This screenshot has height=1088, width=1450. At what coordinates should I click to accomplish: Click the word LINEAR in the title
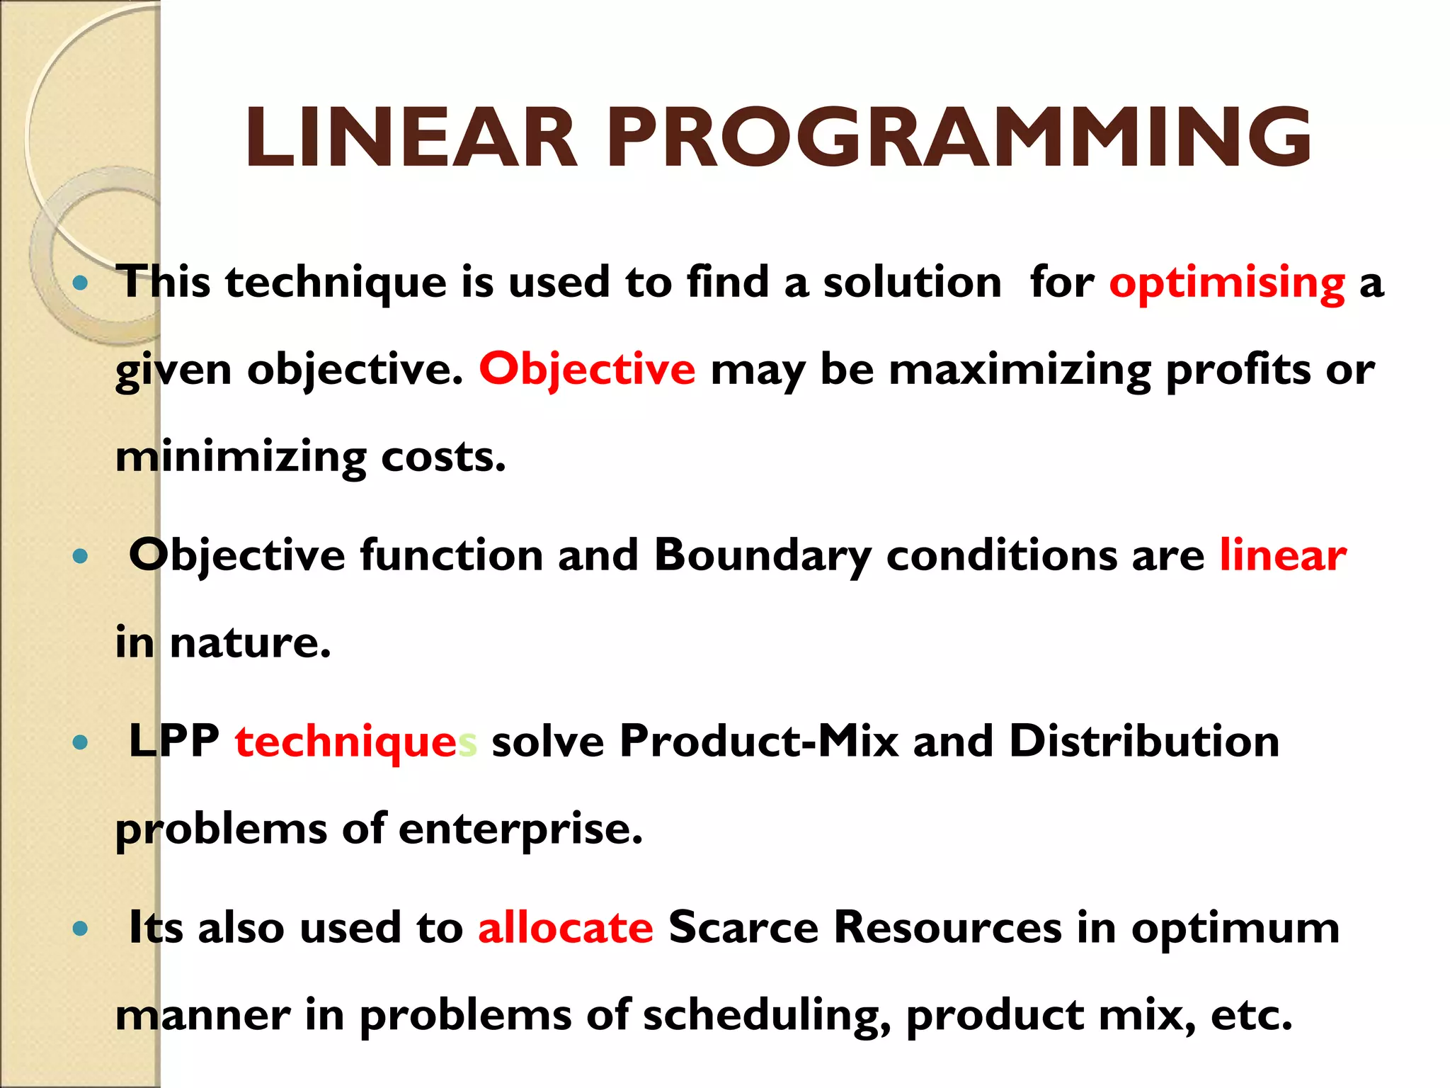point(411,138)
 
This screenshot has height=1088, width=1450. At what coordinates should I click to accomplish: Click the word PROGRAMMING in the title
point(959,138)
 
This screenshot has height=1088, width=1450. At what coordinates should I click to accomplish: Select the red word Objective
point(587,370)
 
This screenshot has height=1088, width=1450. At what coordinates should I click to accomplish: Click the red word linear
point(1282,555)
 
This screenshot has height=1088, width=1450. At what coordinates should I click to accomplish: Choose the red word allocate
point(565,928)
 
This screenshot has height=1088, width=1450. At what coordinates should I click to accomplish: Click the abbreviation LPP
point(174,741)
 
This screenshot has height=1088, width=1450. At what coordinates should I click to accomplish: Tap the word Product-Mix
point(758,741)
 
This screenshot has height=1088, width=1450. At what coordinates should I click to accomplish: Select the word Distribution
point(1144,741)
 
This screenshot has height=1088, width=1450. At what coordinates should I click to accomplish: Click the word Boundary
point(762,555)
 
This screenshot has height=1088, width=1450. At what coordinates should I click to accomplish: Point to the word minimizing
point(241,458)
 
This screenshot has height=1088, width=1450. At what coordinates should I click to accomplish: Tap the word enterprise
point(520,829)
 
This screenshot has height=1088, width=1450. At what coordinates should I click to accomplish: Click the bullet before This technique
point(80,284)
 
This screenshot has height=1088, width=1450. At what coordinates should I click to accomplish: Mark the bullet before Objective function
point(80,557)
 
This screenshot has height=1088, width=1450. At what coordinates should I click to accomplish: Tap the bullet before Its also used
point(80,929)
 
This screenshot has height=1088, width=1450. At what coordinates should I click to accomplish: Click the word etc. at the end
point(1251,1016)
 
